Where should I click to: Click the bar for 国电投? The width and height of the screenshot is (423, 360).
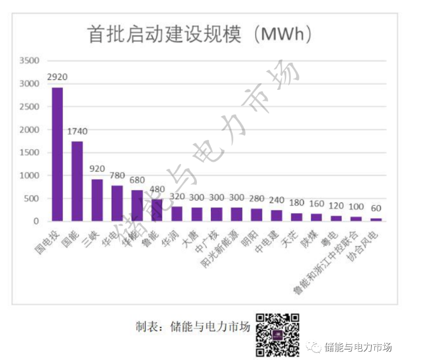tap(58, 154)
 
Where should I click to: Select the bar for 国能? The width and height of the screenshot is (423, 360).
tap(78, 181)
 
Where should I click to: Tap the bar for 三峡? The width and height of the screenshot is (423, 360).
tap(98, 200)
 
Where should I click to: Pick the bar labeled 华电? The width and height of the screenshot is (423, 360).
tap(117, 203)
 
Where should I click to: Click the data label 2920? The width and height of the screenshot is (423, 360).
tap(58, 77)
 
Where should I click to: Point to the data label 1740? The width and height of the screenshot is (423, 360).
tap(78, 131)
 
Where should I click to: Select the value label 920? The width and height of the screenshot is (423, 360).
tap(98, 169)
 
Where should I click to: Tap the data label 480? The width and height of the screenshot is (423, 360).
tap(157, 189)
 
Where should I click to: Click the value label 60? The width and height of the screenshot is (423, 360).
tap(376, 208)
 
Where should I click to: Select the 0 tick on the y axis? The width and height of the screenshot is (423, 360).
tap(36, 221)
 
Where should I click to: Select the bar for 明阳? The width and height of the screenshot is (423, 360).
tap(257, 214)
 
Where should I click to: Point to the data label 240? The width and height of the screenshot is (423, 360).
tap(277, 199)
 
